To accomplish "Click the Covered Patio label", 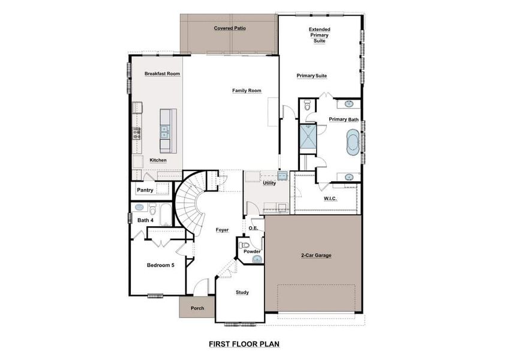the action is point(230,28).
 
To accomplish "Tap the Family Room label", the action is point(247,91).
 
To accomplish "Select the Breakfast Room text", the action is point(162,73).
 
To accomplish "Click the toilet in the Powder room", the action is point(244,245).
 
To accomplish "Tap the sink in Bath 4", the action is point(140,207).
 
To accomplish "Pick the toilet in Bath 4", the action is point(153,209).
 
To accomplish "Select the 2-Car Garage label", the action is point(316,255).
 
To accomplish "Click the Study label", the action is point(242,292).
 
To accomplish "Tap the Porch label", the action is point(197,308).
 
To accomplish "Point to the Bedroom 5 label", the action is point(161,265).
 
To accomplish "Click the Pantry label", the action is point(145,190).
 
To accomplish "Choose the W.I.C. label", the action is point(330,199).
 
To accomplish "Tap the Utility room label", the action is point(269,183).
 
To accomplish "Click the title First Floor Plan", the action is point(244,344).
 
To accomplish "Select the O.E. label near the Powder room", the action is point(253,228).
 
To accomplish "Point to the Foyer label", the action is point(222,230).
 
